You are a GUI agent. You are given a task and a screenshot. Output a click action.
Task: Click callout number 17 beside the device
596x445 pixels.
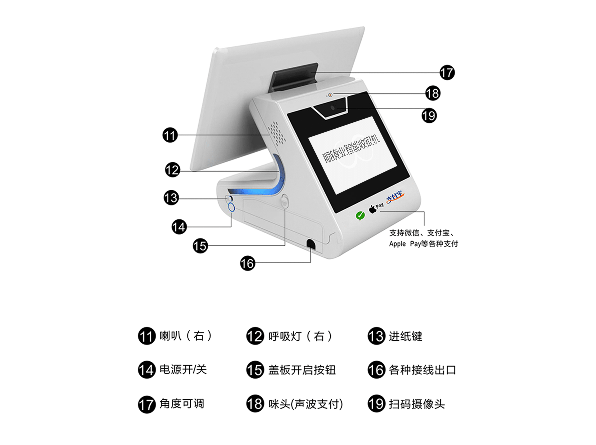click(x=447, y=73)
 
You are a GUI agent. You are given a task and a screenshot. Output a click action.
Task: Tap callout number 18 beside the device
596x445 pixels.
click(x=433, y=93)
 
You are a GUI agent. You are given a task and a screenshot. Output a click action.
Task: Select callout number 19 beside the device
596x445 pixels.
click(x=429, y=116)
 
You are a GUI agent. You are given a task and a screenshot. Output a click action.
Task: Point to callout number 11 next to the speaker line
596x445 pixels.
click(x=170, y=135)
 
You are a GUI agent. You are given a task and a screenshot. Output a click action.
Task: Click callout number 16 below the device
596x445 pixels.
click(x=248, y=263)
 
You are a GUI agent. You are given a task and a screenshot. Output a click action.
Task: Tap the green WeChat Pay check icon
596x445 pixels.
click(x=360, y=215)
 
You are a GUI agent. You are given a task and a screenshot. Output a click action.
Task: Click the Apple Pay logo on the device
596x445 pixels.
click(x=376, y=208)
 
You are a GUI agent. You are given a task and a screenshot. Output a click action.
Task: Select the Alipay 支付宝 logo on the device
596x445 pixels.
click(x=395, y=197)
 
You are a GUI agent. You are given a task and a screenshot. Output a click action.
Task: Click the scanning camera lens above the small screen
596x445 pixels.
click(x=333, y=108)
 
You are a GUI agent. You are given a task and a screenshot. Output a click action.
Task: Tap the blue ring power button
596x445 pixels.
click(x=231, y=207)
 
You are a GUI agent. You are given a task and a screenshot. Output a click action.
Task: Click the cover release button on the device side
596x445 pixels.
click(x=285, y=201)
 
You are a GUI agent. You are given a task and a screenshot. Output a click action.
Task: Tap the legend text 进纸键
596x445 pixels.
click(x=405, y=336)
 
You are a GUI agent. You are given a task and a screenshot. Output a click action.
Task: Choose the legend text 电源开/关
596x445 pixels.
click(x=183, y=369)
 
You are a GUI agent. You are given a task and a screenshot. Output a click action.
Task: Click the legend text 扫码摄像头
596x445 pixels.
click(x=417, y=404)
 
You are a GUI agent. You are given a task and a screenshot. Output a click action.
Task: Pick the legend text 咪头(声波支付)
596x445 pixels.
click(x=306, y=404)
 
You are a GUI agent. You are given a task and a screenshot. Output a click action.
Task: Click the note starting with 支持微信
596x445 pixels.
click(x=423, y=238)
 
